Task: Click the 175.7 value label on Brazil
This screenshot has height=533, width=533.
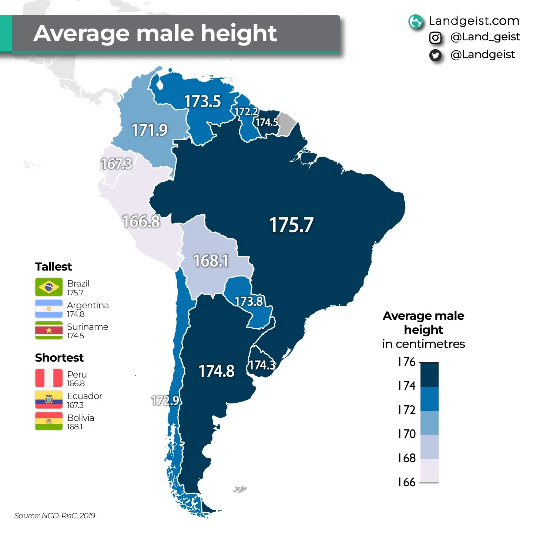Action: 291,225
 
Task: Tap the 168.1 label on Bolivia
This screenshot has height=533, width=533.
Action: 211,261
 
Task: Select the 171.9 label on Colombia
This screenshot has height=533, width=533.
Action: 150,130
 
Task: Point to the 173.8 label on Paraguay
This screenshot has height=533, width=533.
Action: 249,301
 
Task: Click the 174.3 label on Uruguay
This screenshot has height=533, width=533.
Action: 262,365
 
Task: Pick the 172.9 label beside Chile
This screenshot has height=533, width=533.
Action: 165,400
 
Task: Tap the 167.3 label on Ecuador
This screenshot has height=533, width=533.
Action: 116,164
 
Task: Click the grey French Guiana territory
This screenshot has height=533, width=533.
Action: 285,124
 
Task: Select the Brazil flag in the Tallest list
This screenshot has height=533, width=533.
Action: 49,287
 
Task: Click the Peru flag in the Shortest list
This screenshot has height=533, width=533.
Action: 49,378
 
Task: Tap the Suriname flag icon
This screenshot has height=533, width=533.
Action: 49,330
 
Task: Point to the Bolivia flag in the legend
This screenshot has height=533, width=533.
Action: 49,421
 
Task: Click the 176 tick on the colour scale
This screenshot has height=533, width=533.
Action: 407,362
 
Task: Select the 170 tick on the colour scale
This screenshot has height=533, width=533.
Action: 407,434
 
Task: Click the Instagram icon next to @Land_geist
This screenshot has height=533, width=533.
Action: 435,37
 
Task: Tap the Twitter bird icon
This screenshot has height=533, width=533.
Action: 435,56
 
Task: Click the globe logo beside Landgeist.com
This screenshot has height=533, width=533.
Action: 415,21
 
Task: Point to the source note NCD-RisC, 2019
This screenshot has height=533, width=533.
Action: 55,516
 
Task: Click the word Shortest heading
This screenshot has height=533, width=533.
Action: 59,358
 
